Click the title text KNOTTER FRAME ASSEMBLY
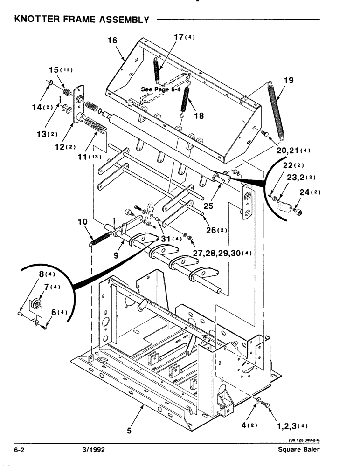(x=82, y=20)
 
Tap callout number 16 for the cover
(x=112, y=41)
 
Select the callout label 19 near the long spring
(x=288, y=80)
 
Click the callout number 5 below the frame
(x=129, y=431)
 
